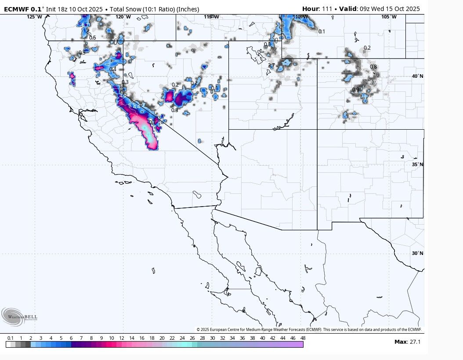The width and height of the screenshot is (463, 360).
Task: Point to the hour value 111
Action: [327, 9]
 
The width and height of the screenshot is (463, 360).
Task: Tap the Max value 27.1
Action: [415, 342]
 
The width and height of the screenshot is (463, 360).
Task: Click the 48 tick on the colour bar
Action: [303, 338]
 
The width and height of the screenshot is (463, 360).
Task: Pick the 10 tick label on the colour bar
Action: [112, 338]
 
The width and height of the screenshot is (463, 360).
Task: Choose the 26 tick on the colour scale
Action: [192, 338]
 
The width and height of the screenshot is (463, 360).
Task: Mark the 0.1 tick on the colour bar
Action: [11, 338]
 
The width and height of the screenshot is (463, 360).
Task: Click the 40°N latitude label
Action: [418, 76]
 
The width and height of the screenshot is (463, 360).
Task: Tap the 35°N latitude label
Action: [418, 164]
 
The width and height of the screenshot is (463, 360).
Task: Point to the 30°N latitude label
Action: [418, 253]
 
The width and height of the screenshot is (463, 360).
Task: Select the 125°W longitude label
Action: [34, 17]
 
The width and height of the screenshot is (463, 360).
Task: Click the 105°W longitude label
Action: [388, 17]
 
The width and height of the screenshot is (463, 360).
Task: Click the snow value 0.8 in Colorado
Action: [373, 67]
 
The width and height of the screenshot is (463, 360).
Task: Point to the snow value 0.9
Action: [356, 90]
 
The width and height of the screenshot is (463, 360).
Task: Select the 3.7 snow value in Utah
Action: [271, 66]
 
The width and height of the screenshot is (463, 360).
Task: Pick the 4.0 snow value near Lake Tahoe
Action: [123, 95]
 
